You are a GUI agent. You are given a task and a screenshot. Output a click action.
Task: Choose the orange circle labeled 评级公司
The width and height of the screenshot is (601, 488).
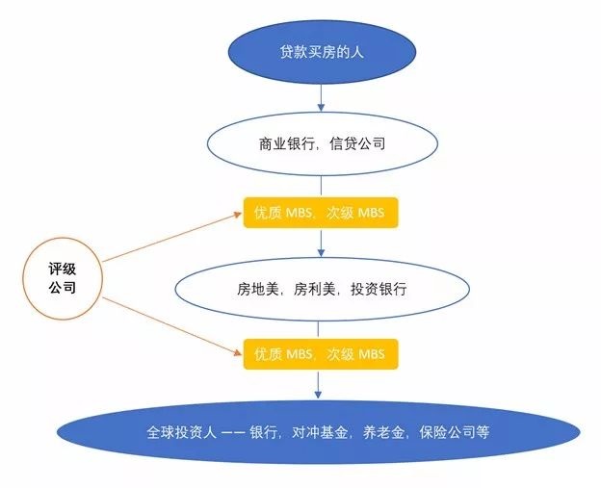pos(63,276)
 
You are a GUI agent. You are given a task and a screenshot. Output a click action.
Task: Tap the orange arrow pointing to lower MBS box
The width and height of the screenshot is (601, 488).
pos(173,324)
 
